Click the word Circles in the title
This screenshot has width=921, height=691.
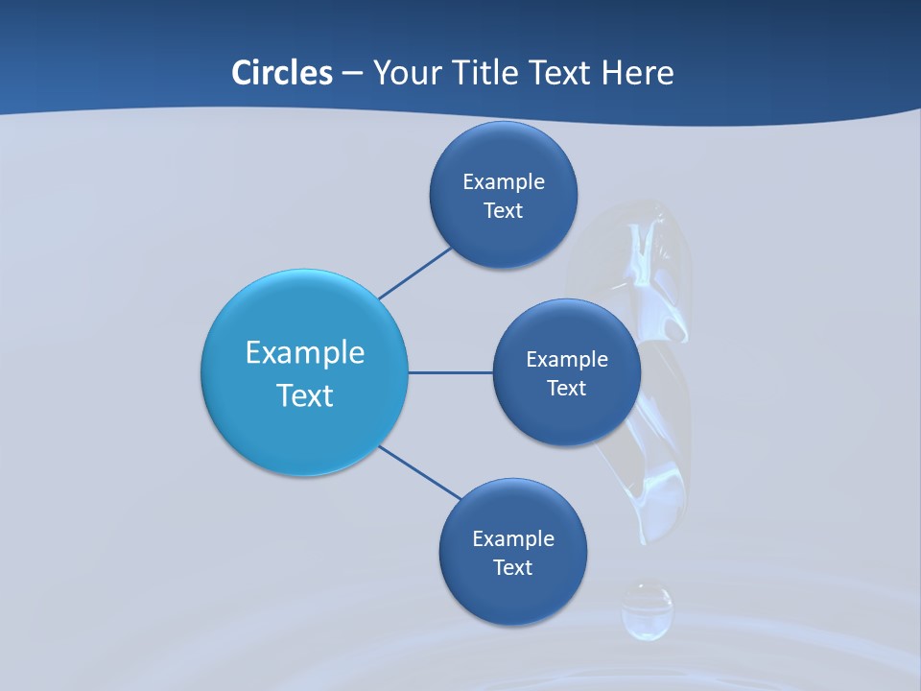(281, 73)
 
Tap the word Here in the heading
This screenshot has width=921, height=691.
(637, 73)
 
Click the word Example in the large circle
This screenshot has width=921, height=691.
(305, 352)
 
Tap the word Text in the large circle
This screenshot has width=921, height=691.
(305, 395)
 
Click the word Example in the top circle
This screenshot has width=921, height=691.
(503, 181)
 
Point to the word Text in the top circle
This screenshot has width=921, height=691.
(503, 211)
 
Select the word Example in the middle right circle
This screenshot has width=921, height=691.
(566, 359)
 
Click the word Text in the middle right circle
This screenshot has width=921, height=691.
(566, 389)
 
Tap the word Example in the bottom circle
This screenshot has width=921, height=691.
(512, 538)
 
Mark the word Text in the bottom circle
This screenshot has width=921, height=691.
(512, 568)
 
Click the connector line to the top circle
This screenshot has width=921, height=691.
(414, 274)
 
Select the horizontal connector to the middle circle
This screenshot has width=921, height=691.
(450, 372)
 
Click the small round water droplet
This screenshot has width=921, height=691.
(647, 610)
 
